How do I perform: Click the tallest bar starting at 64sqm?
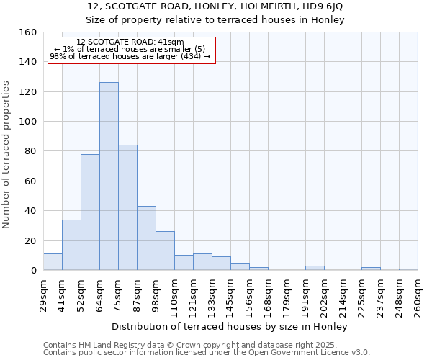click(x=109, y=176)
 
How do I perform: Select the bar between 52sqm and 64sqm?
click(x=90, y=212)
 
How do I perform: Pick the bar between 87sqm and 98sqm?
click(x=146, y=238)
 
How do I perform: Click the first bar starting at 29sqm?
click(x=53, y=262)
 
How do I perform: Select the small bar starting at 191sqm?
click(x=315, y=268)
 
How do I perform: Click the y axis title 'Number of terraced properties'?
click(x=7, y=155)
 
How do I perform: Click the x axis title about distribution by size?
click(x=230, y=327)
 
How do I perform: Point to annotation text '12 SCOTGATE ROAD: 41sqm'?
click(x=130, y=42)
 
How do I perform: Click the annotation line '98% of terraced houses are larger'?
click(x=130, y=56)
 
